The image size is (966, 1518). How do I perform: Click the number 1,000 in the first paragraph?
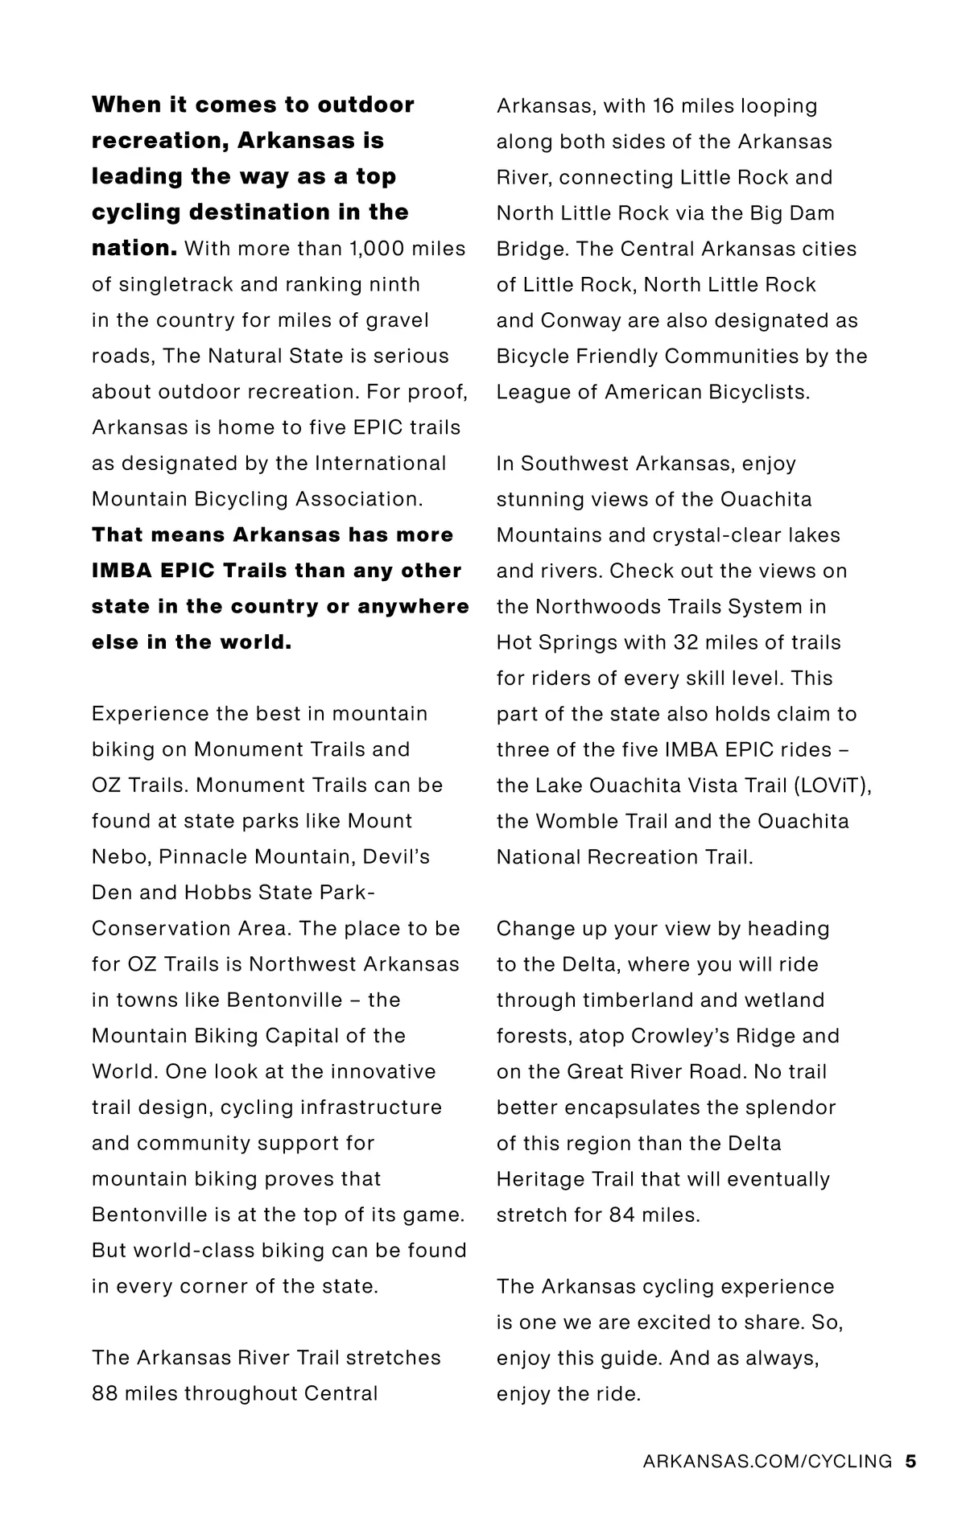point(376,249)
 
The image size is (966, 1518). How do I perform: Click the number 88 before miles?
point(105,1393)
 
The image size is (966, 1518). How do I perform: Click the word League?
point(531,392)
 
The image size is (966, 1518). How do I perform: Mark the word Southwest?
point(575,464)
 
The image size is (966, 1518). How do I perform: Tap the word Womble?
point(574,821)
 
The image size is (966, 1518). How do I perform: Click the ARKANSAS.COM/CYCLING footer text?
point(767,1461)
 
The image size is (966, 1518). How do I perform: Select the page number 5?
point(910,1461)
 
